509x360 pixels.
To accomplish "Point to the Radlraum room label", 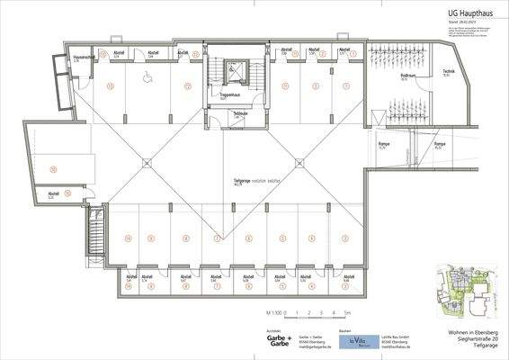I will point(408,76).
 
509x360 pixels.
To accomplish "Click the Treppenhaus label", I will point(230,94).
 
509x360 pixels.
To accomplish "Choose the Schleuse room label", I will point(241,114).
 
